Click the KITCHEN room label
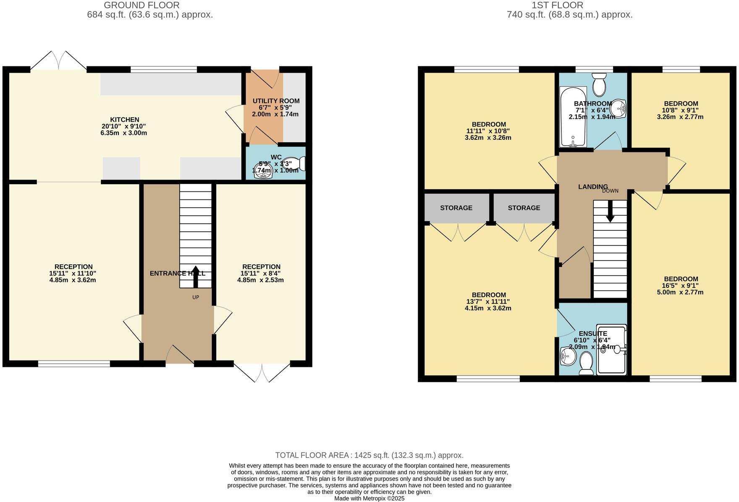pos(124,120)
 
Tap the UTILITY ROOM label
pos(276,101)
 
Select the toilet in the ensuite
pos(586,363)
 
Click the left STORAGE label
pos(456,208)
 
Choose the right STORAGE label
pos(524,208)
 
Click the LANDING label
pos(592,187)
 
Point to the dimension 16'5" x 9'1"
pos(681,285)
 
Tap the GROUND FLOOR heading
pos(142,5)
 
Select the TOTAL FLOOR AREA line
pos(369,455)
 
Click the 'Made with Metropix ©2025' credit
pos(369,498)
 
